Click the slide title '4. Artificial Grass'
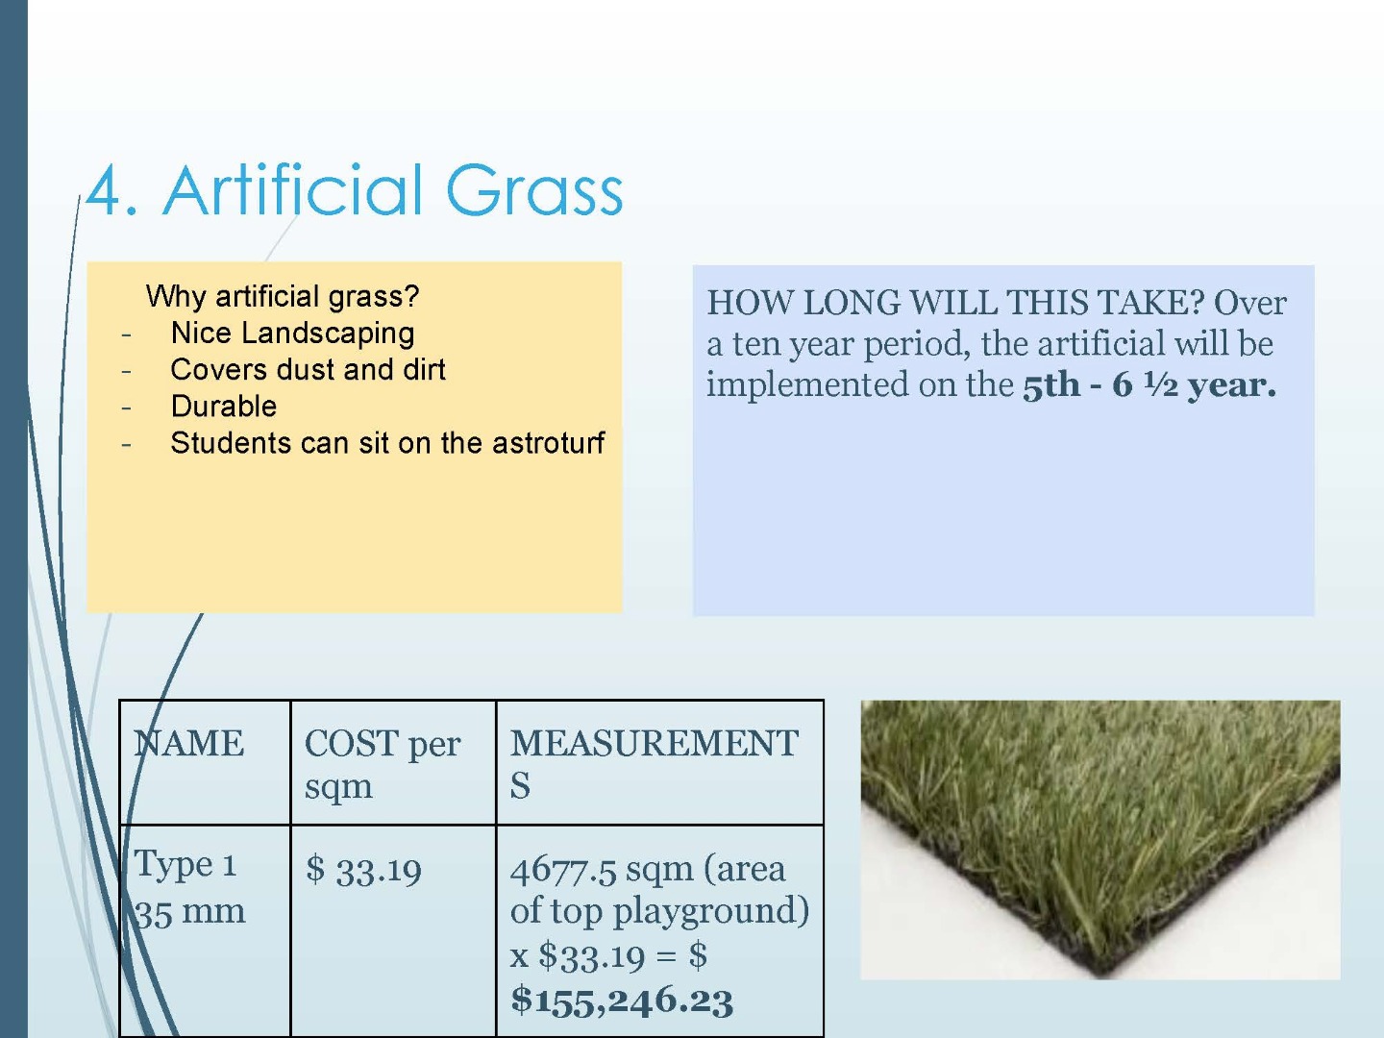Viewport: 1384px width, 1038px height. point(355,191)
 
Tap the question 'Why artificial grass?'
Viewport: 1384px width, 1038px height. point(283,296)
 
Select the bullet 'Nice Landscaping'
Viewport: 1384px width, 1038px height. point(292,333)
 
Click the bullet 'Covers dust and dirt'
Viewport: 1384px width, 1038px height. point(308,369)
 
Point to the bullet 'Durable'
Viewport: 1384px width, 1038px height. point(224,406)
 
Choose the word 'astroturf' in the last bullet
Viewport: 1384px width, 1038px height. point(548,442)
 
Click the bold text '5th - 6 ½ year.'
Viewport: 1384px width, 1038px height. point(1149,384)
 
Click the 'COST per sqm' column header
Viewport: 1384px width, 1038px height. point(383,764)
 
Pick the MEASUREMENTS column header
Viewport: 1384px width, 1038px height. point(654,764)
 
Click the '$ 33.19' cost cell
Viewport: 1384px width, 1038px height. point(363,870)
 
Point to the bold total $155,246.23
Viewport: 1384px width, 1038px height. point(622,1001)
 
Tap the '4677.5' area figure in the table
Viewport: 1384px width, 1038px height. point(562,870)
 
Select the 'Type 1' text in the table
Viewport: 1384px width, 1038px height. point(185,863)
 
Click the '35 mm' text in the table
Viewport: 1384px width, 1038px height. point(189,912)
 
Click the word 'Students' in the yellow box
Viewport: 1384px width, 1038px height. point(230,442)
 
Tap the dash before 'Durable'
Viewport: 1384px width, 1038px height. point(127,408)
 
